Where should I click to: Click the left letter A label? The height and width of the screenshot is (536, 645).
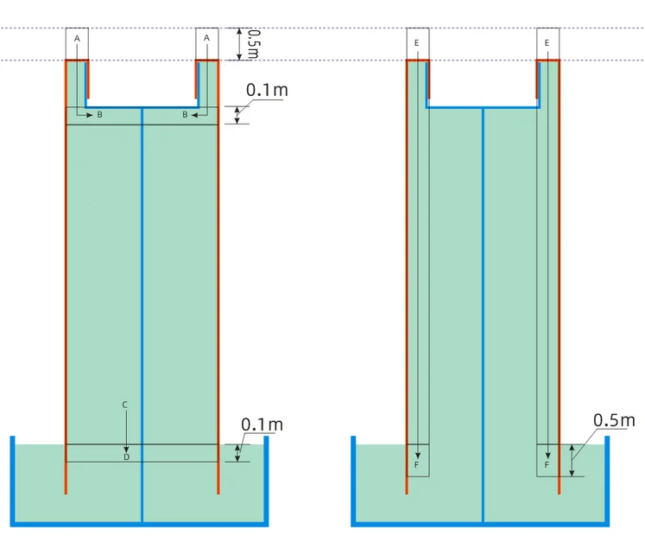pos(77,39)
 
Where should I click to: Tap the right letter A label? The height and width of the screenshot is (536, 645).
pos(206,38)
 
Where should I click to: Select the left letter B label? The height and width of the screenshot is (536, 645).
pos(99,115)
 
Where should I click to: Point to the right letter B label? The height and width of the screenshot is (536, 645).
pos(185,114)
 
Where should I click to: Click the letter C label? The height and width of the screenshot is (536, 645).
pos(125,405)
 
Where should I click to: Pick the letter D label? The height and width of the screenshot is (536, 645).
pos(127,457)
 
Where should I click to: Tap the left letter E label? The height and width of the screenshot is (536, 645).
pos(417,43)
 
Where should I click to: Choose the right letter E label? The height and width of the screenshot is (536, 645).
pos(547,43)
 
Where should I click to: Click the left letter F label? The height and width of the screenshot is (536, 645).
pos(416,465)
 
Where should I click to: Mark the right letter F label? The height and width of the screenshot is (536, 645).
pos(547,465)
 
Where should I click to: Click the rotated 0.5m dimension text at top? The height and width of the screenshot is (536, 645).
pos(254,44)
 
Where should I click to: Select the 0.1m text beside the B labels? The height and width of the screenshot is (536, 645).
pos(267,90)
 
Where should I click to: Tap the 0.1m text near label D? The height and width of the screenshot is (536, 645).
pos(262,424)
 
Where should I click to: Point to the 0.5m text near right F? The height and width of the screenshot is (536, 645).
pos(614,420)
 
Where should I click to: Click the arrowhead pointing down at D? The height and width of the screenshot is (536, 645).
pos(126,449)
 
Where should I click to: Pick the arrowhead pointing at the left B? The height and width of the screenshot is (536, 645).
pos(90,115)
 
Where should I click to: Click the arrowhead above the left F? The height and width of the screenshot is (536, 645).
pos(418,456)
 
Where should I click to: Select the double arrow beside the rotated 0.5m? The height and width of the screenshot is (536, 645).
pos(239,44)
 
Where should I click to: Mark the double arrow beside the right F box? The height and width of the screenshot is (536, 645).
pos(572,460)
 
